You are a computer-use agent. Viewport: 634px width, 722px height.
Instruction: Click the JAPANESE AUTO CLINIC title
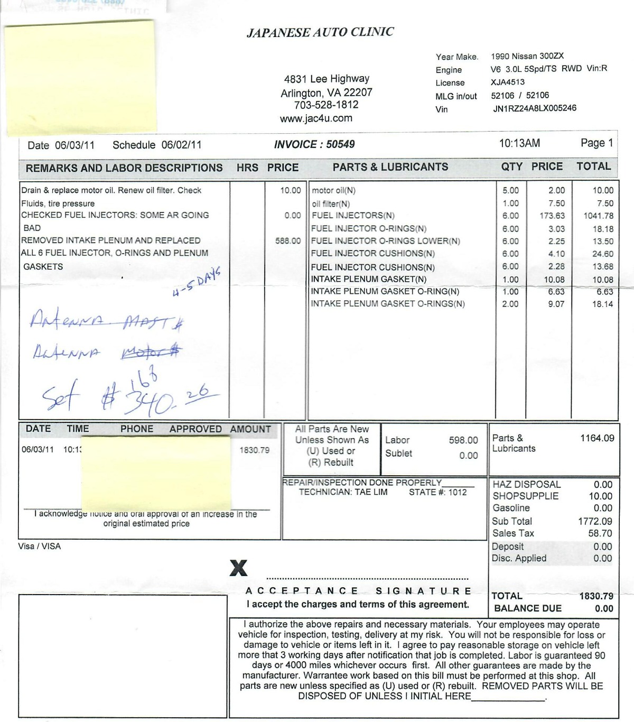click(x=320, y=32)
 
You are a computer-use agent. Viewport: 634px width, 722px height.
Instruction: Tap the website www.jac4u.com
click(x=316, y=118)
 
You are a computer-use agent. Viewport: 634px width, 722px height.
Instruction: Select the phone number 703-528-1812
click(x=326, y=105)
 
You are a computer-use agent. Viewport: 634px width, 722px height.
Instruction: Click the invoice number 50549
click(x=340, y=144)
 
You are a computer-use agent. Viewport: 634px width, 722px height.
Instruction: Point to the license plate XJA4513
click(x=508, y=82)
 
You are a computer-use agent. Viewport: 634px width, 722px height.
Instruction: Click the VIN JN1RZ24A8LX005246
click(x=535, y=108)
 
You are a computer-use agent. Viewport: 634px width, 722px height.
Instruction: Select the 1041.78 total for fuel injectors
click(x=598, y=216)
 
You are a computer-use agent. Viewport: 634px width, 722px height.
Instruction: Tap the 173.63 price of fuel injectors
click(x=552, y=216)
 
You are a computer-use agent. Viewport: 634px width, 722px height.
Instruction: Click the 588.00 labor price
click(x=288, y=241)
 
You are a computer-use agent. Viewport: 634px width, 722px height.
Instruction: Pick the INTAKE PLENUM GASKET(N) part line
click(x=369, y=279)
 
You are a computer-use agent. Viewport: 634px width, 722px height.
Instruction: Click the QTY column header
click(x=511, y=166)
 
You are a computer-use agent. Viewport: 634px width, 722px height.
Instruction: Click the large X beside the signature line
click(x=238, y=568)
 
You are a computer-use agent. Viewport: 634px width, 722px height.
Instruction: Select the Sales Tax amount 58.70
click(x=600, y=533)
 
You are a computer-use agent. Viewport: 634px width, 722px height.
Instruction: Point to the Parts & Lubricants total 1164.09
click(x=597, y=438)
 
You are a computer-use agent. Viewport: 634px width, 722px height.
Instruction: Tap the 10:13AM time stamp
click(x=519, y=143)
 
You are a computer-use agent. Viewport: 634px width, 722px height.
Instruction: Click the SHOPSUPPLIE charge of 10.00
click(x=601, y=496)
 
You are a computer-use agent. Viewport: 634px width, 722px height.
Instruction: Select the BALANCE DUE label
click(x=528, y=608)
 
